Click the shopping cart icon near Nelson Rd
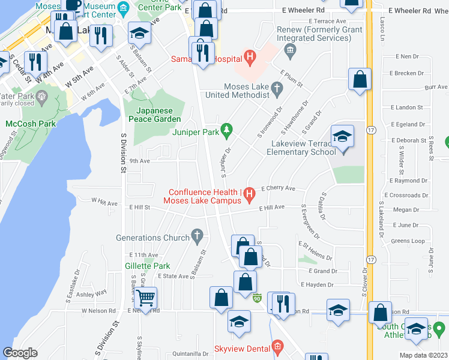tap(145, 297)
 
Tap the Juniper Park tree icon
tap(226, 130)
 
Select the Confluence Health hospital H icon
tap(250, 193)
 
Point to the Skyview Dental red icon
tap(277, 347)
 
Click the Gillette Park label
tap(148, 266)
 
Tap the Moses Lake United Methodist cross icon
tap(277, 91)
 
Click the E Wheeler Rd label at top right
tap(410, 11)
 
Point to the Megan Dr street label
tap(406, 210)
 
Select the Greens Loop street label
tap(408, 241)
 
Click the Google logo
tap(20, 353)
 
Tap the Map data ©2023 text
tap(423, 355)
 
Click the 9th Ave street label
tap(139, 161)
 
